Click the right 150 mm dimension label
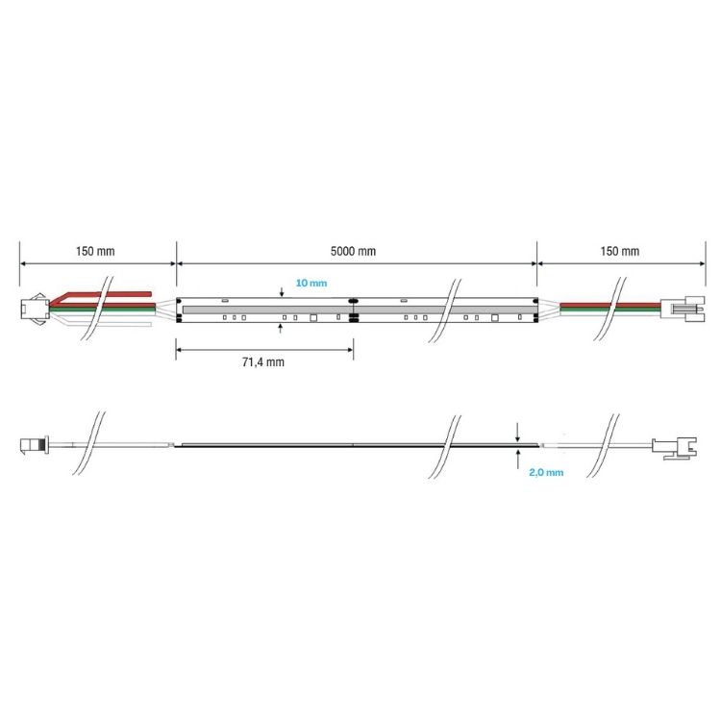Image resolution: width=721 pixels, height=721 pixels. (x=618, y=251)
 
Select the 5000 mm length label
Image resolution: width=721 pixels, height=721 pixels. (x=353, y=251)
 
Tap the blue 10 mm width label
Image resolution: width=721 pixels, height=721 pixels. (x=311, y=284)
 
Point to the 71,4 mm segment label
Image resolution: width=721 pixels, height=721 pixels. (x=262, y=362)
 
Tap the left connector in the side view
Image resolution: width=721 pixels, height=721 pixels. (x=34, y=445)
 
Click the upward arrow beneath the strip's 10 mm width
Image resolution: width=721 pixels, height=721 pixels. (x=280, y=327)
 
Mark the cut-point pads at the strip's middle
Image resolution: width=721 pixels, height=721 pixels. (x=353, y=310)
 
